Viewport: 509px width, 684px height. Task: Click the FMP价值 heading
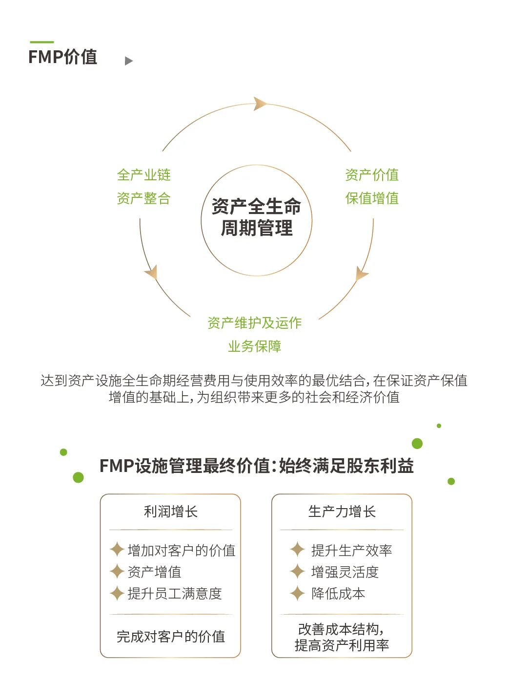click(x=62, y=57)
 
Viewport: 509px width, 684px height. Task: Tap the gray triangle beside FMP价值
click(x=129, y=61)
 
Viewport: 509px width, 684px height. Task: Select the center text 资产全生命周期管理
click(x=256, y=217)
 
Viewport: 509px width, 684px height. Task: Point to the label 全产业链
click(x=143, y=175)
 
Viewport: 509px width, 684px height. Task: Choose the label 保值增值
click(x=372, y=198)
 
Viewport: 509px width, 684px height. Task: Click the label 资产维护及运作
click(x=254, y=323)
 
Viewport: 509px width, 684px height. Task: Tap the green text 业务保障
click(x=254, y=346)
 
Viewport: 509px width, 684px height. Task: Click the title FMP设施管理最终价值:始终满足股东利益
click(x=256, y=466)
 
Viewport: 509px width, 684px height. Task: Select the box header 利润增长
click(x=170, y=512)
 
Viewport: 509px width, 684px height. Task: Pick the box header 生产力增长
click(x=342, y=512)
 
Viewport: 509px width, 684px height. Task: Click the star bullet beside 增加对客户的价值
click(x=117, y=550)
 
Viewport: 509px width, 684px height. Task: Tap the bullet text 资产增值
click(x=154, y=572)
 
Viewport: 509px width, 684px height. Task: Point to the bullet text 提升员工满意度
click(x=175, y=594)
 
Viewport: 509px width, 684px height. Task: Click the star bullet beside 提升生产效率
click(x=297, y=550)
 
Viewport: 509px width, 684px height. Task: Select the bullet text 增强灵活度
click(x=345, y=572)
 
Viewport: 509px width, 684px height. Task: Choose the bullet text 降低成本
click(x=338, y=594)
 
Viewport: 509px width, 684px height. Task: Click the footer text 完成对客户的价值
click(x=170, y=637)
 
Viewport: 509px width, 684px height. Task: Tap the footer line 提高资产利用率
click(x=342, y=645)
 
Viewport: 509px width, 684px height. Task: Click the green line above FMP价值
click(x=41, y=42)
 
